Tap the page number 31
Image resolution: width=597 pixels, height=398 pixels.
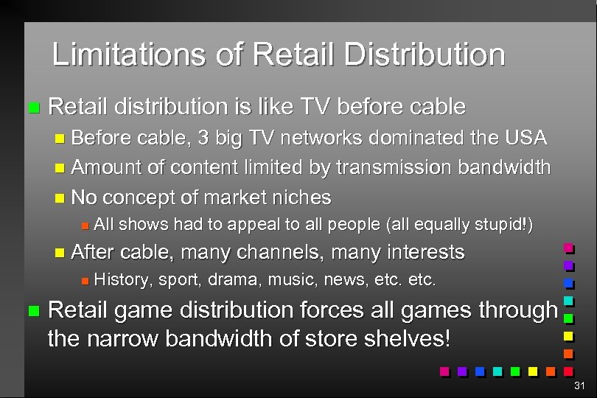coord(579,385)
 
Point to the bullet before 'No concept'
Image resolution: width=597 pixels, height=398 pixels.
coord(60,198)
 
